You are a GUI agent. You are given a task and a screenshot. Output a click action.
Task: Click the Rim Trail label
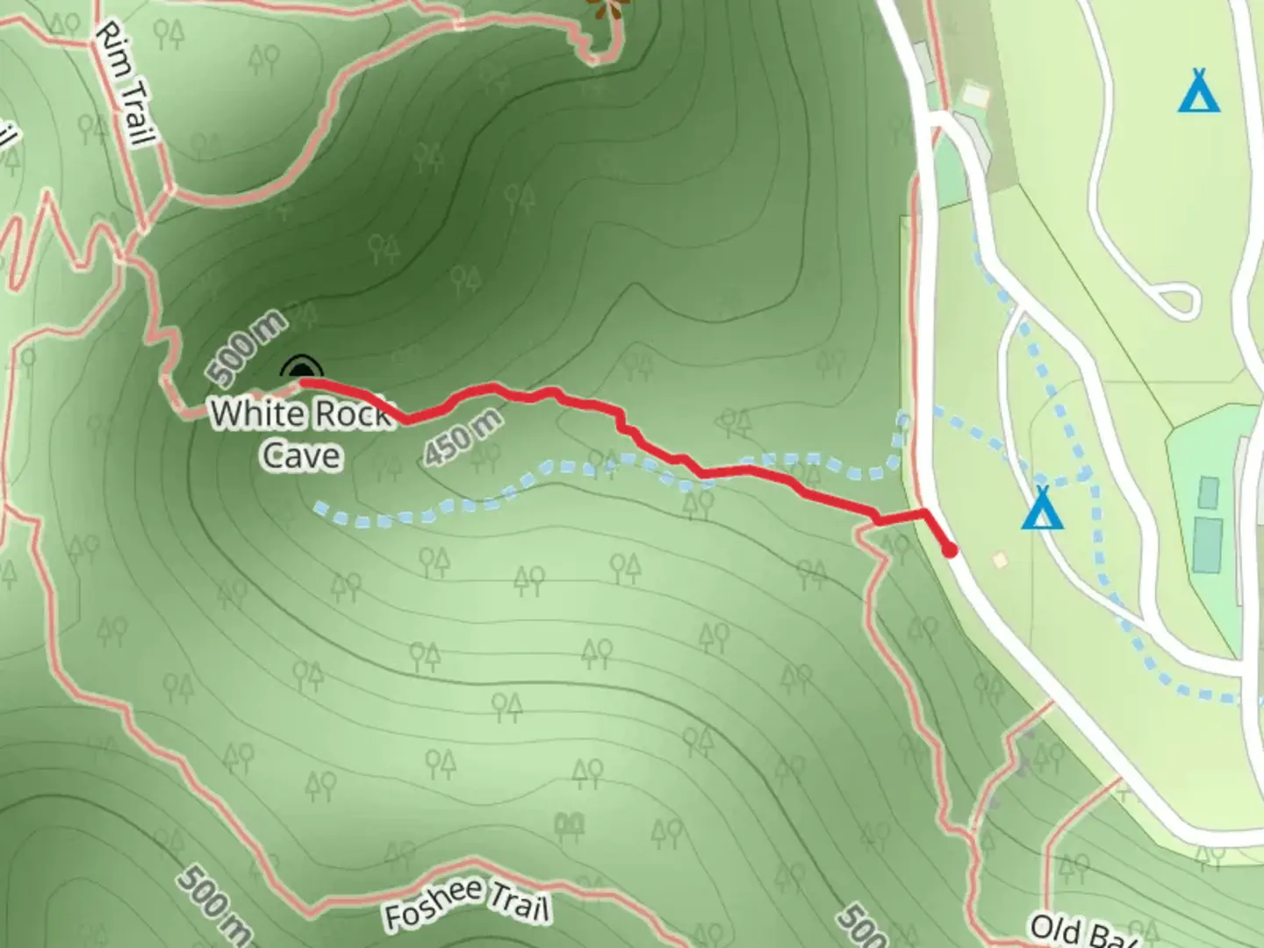[x=126, y=83]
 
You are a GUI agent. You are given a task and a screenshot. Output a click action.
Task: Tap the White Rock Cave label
[x=300, y=434]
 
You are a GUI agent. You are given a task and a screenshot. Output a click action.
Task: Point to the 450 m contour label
[x=463, y=436]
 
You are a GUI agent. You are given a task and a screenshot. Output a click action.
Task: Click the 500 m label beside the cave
[x=248, y=348]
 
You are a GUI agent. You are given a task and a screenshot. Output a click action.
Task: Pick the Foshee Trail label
[x=467, y=903]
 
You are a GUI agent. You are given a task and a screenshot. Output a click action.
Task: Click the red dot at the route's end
[x=949, y=550]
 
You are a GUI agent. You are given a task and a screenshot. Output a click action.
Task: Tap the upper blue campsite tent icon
[x=1199, y=91]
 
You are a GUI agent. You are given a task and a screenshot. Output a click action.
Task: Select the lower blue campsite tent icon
[x=1042, y=509]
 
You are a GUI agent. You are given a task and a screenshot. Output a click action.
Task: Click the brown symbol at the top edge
[x=607, y=9]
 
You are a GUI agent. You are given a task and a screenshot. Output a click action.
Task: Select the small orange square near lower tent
[x=999, y=559]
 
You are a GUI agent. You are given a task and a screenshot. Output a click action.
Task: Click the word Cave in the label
[x=301, y=456]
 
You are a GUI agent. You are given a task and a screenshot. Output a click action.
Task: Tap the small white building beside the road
[x=975, y=93]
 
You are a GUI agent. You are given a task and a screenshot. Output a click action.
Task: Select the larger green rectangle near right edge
[x=1208, y=544]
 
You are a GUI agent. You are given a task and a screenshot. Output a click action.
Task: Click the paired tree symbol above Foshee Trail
[x=570, y=824]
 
